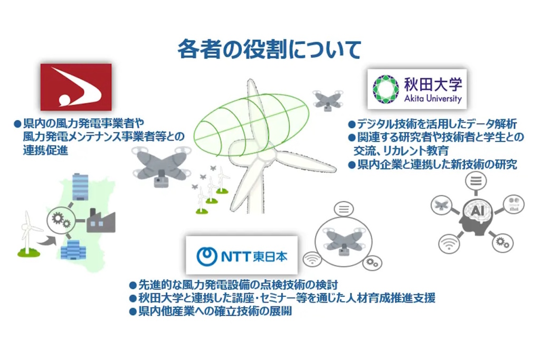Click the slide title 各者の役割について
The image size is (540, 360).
[x=269, y=49]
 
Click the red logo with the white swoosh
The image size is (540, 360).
[x=76, y=87]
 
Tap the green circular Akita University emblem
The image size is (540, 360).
[x=386, y=89]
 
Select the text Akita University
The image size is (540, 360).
[x=433, y=99]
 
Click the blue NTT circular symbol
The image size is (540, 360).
[x=206, y=256]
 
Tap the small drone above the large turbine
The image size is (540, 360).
[x=327, y=100]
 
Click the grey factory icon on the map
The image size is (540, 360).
[x=101, y=221]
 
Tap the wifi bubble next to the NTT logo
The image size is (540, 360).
[x=312, y=259]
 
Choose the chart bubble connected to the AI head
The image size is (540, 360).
[x=514, y=204]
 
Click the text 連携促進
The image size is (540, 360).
[x=45, y=150]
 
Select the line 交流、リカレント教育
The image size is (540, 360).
[x=401, y=151]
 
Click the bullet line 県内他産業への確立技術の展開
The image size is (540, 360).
[x=211, y=311]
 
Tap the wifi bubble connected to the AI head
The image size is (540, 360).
[x=449, y=243]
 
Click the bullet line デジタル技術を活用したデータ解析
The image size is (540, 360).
[x=432, y=124]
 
